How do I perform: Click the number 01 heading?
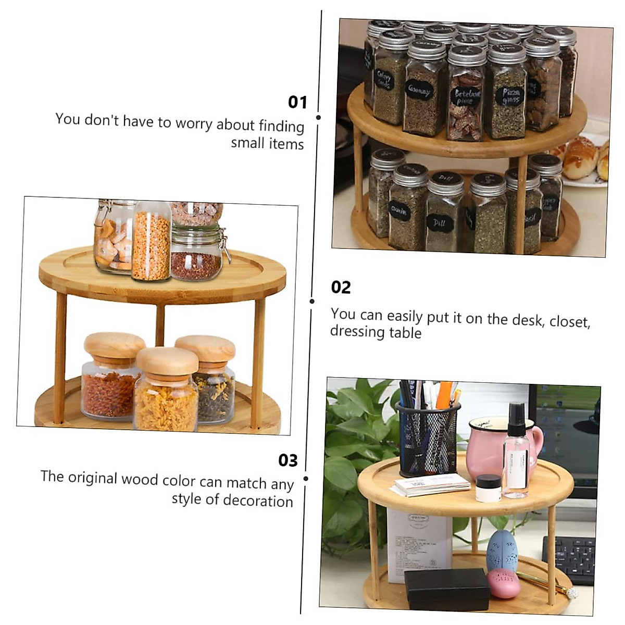[x=297, y=102]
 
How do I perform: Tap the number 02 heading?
[x=341, y=287]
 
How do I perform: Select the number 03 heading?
[x=287, y=460]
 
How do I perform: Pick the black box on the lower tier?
[x=447, y=589]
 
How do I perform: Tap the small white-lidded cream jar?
[x=489, y=488]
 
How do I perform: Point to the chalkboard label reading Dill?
[x=440, y=222]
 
